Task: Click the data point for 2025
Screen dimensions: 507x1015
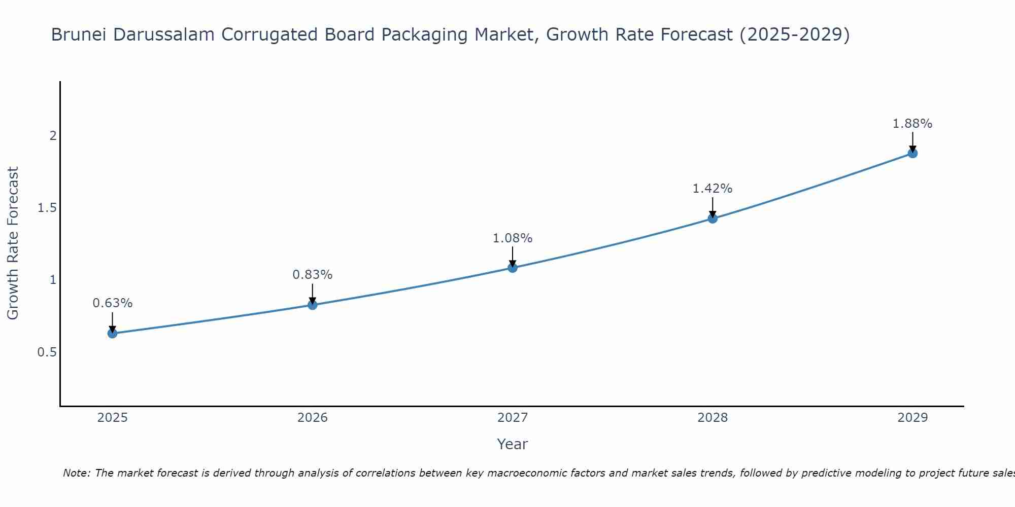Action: (x=112, y=333)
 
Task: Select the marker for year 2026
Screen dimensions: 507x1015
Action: (x=313, y=305)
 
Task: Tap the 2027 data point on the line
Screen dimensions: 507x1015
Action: (x=513, y=268)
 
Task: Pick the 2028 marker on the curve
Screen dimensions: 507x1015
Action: (x=713, y=219)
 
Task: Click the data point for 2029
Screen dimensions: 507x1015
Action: (x=912, y=153)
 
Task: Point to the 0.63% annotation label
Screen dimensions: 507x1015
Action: (x=112, y=303)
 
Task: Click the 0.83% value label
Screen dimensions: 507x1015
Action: (x=313, y=275)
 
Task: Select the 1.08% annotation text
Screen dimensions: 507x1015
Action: (x=513, y=238)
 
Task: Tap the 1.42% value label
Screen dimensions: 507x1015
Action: (x=713, y=189)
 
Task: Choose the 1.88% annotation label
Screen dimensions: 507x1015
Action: (x=912, y=124)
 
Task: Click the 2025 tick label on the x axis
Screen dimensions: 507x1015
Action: (x=112, y=418)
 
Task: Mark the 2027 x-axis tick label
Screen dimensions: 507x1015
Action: (x=513, y=418)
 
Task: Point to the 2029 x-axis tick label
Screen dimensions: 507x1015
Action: (x=912, y=418)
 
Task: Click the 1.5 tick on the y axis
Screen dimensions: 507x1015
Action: (x=47, y=208)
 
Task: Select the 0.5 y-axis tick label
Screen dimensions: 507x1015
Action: (x=47, y=352)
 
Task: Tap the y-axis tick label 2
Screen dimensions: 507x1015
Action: (x=53, y=136)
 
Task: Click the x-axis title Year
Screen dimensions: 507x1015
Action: (x=513, y=444)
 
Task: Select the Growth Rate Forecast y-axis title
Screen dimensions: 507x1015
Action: (x=13, y=243)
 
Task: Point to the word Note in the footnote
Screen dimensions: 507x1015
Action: (x=76, y=473)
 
